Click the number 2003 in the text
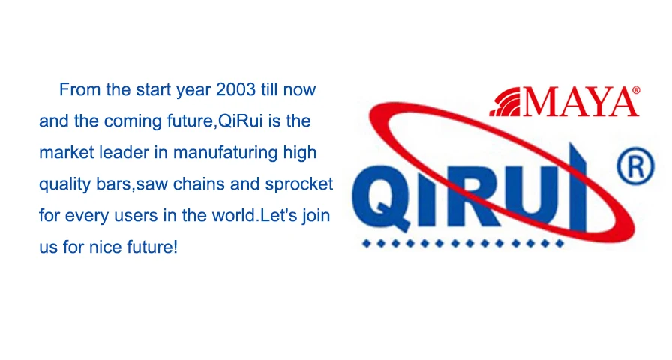[x=235, y=89]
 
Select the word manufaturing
[x=226, y=153]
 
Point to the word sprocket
[x=299, y=184]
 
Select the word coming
[x=133, y=121]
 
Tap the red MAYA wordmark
[x=580, y=102]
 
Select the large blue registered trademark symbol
[x=635, y=166]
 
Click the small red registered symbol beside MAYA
[x=637, y=90]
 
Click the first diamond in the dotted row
[x=367, y=244]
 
